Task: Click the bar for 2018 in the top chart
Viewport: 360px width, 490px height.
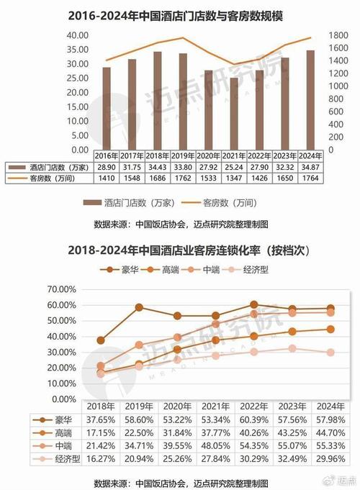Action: [x=157, y=101]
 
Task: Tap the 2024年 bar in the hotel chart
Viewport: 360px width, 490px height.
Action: [x=310, y=100]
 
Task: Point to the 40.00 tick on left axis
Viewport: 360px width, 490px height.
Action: [x=77, y=35]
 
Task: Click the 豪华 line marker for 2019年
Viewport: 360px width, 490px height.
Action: [x=139, y=307]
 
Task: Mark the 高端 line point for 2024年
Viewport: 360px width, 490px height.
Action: [x=330, y=329]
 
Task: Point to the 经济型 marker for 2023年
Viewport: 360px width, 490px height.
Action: [x=292, y=348]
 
